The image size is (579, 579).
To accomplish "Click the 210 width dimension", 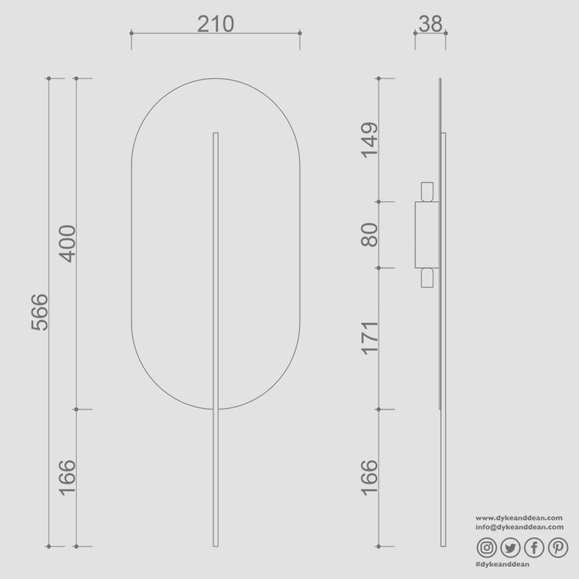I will click(216, 24).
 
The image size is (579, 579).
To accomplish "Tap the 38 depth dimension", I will click(430, 24).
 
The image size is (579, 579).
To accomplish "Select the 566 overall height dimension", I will click(40, 312).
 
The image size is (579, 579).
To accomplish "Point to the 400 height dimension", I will click(68, 243).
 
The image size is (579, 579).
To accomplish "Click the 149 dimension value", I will click(369, 140).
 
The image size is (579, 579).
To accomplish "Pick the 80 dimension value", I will click(369, 235).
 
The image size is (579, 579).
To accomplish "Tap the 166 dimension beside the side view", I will click(369, 477).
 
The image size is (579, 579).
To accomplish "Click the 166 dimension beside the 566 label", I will click(68, 477).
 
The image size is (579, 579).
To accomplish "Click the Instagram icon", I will click(487, 547).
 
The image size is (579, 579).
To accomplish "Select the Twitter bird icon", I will click(510, 547).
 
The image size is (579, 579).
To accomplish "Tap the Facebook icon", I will click(534, 547).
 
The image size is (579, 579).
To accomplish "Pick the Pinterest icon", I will click(558, 547).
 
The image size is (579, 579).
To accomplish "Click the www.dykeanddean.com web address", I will click(519, 517).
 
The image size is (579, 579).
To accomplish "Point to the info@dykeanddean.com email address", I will click(519, 526).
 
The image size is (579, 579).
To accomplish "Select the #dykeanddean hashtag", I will click(502, 564).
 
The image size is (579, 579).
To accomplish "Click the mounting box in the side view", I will click(427, 235).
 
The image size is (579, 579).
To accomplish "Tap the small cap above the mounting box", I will click(427, 192).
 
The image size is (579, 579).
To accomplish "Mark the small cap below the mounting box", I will click(427, 278).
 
